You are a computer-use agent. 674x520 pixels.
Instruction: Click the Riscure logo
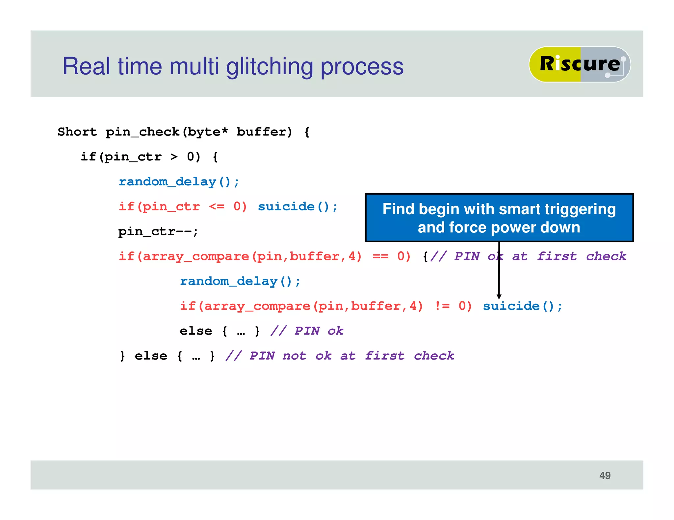point(579,64)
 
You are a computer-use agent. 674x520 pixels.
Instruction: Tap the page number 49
point(605,475)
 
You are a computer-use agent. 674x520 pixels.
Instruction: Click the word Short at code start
point(77,132)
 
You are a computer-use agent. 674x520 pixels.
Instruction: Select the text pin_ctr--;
point(158,232)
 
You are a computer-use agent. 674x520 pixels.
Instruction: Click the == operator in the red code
point(380,256)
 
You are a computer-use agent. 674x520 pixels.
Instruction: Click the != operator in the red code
point(442,306)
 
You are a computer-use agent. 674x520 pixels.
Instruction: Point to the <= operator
point(217,206)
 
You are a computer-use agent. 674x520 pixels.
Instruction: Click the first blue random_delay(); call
point(179,182)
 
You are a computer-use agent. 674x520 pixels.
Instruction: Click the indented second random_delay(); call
point(240,281)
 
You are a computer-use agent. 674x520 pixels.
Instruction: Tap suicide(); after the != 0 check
point(522,306)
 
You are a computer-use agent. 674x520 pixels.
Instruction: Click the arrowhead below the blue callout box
point(499,296)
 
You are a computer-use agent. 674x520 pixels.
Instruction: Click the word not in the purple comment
point(294,356)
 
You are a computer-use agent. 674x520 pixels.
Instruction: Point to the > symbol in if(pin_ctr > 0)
point(174,157)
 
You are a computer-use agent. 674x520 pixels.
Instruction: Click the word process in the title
point(362,67)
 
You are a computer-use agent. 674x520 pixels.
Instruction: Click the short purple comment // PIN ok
point(306,331)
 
